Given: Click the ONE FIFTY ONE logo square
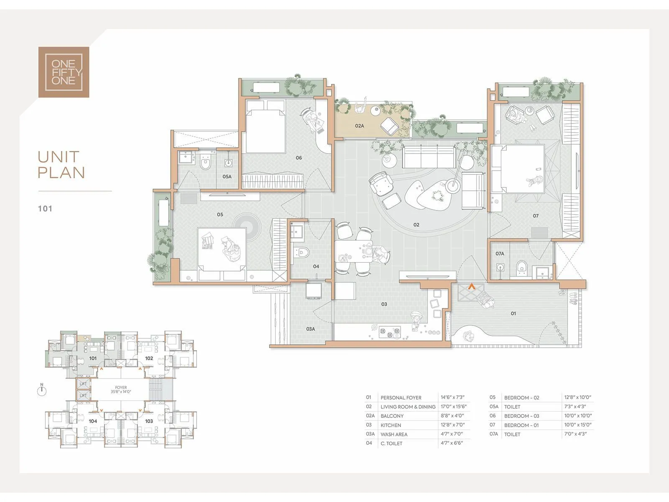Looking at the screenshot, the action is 64,72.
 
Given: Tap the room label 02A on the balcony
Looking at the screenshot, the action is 359,126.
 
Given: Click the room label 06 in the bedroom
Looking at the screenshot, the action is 299,158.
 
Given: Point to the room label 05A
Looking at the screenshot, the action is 227,177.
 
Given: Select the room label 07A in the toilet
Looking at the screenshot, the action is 500,254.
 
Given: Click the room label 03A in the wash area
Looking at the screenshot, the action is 311,329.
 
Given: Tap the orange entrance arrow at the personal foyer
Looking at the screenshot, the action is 472,286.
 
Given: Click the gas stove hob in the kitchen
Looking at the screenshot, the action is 390,332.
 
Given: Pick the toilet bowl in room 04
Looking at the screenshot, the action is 302,252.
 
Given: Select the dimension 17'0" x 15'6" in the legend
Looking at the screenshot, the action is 454,407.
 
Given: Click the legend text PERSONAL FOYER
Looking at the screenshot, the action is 401,398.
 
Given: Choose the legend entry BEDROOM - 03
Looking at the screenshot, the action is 521,416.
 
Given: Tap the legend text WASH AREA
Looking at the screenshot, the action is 394,434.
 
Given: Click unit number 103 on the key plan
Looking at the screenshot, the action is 149,421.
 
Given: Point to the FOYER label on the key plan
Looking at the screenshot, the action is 121,387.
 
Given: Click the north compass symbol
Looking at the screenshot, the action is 42,390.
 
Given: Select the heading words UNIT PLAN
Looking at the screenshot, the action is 61,164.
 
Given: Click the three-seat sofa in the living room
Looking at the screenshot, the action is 429,156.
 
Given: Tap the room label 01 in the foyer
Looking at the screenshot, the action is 513,313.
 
